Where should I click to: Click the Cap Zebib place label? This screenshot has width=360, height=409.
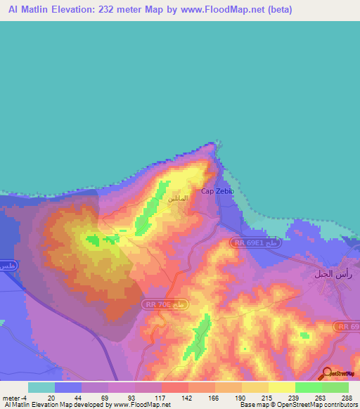point(217,191)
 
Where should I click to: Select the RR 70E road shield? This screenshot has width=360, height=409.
point(166,304)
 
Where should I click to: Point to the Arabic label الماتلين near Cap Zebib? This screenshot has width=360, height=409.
point(178,199)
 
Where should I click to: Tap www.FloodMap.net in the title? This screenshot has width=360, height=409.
point(216,10)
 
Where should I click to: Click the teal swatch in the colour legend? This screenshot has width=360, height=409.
point(41,387)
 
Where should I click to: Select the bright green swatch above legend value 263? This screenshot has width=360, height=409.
point(308,387)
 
